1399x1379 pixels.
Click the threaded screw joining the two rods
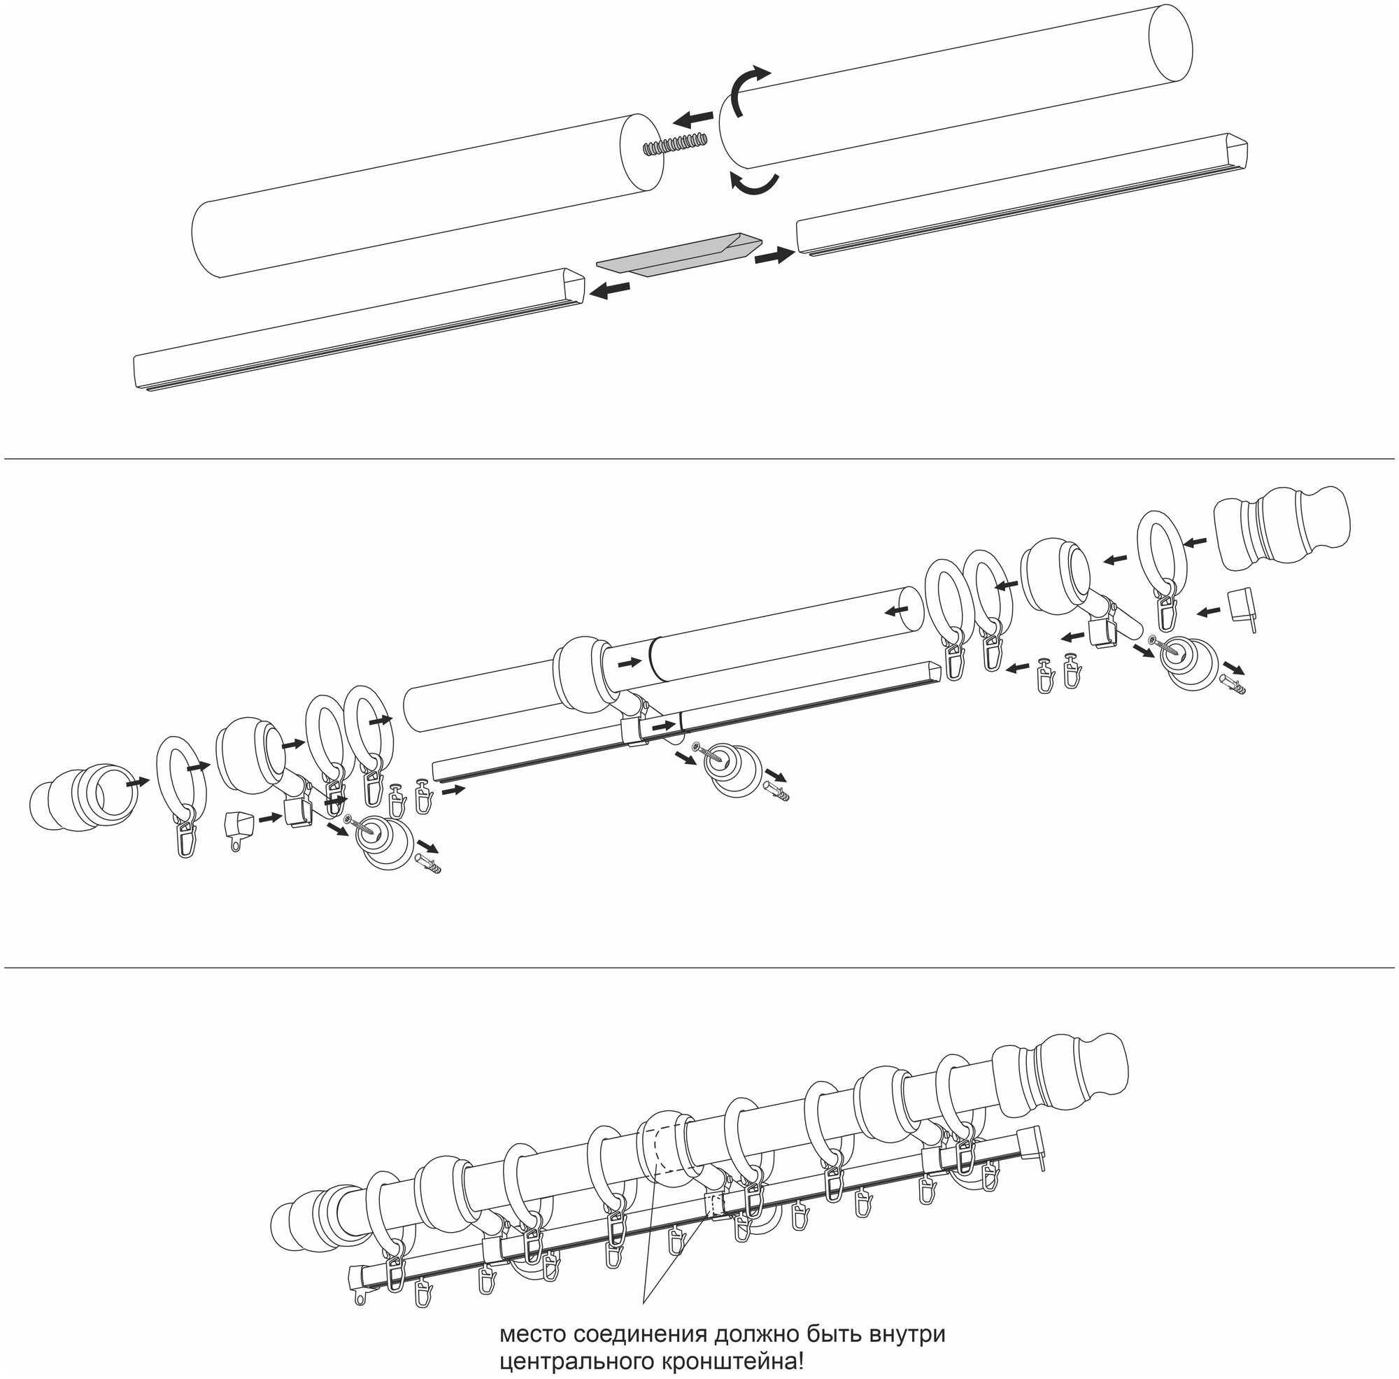coord(676,143)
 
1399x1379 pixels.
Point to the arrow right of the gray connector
coord(774,255)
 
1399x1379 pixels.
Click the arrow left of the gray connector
coord(609,290)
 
